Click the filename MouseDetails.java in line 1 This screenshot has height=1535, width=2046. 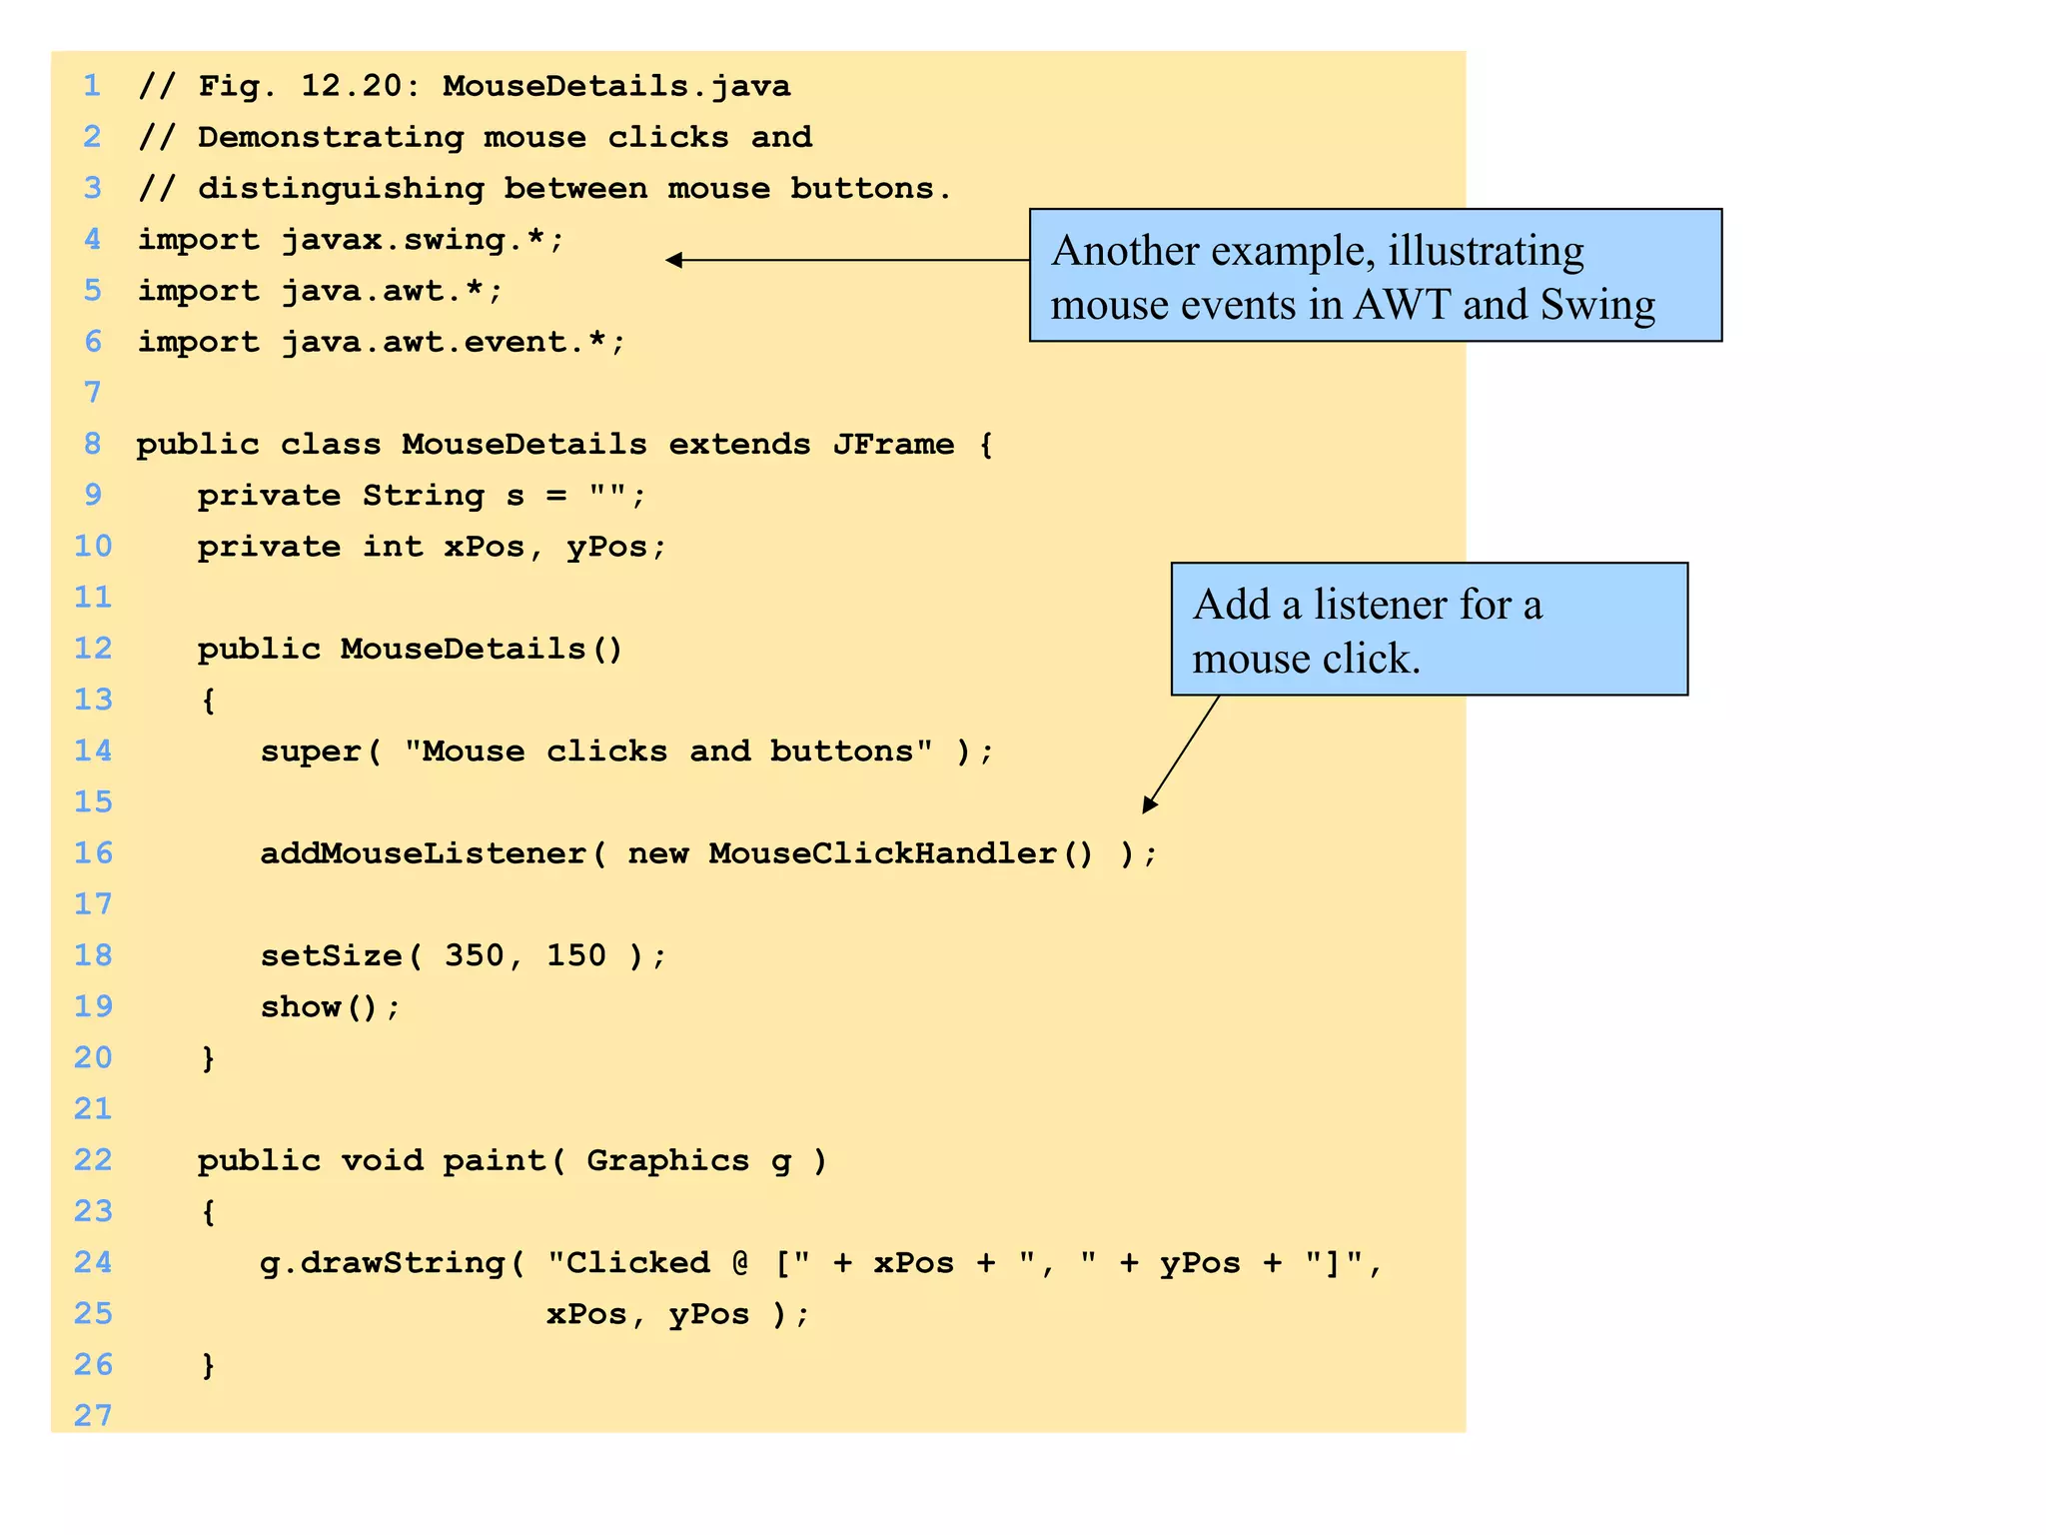point(616,86)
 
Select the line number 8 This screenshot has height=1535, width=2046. point(93,443)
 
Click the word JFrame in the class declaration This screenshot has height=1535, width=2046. point(893,444)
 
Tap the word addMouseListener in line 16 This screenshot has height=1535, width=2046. point(423,853)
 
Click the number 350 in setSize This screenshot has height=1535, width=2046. point(475,955)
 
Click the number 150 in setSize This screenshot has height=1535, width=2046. point(576,955)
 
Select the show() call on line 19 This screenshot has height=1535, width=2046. point(330,1006)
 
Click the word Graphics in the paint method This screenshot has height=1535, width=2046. point(667,1160)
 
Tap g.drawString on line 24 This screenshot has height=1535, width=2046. point(382,1263)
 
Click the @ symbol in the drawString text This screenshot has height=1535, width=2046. point(740,1263)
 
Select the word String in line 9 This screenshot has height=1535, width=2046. point(423,495)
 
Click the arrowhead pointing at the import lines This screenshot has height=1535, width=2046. point(674,260)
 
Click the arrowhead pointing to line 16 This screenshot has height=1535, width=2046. point(1149,805)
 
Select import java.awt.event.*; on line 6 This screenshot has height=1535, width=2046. point(382,342)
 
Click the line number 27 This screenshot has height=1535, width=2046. point(93,1415)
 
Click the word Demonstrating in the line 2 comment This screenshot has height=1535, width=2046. point(331,137)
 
